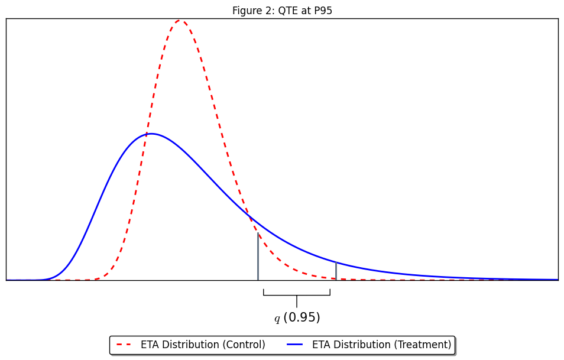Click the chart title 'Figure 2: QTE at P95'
[x=282, y=11]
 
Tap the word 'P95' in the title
[x=323, y=11]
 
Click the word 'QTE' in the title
[x=287, y=11]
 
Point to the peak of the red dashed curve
[x=180, y=20]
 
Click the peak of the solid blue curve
[x=151, y=134]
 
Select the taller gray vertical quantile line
[x=258, y=257]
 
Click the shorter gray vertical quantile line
[x=336, y=271]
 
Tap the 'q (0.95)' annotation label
[x=297, y=317]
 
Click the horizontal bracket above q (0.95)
[x=297, y=295]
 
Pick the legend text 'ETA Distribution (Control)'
[x=203, y=345]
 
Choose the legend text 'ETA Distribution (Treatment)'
[x=381, y=345]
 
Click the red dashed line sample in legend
[x=124, y=345]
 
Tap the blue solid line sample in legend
[x=294, y=345]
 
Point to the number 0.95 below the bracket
[x=302, y=317]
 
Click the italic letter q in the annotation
[x=277, y=319]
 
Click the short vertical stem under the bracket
[x=297, y=301]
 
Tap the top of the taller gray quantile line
[x=258, y=233]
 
